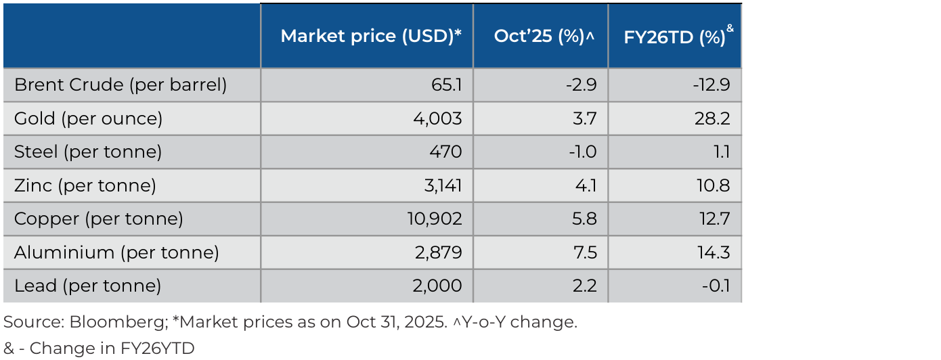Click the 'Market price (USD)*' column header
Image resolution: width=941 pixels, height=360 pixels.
(371, 37)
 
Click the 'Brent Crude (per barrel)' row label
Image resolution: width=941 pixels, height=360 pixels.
(121, 85)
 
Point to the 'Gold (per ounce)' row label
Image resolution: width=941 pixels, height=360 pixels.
(89, 119)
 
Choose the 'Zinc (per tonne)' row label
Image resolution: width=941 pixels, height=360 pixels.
(85, 185)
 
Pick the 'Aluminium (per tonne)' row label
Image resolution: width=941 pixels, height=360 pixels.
(116, 252)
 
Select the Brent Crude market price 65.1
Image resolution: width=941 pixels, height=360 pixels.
(447, 85)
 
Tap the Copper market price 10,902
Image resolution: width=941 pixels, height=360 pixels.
(435, 219)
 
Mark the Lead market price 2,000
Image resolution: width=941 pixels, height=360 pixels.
(437, 286)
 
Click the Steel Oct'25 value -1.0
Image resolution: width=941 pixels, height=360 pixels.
(582, 152)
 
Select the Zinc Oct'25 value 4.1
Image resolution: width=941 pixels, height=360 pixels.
(586, 185)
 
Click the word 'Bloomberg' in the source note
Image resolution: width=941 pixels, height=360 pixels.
(118, 322)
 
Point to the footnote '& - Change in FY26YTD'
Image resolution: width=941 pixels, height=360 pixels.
(99, 348)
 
